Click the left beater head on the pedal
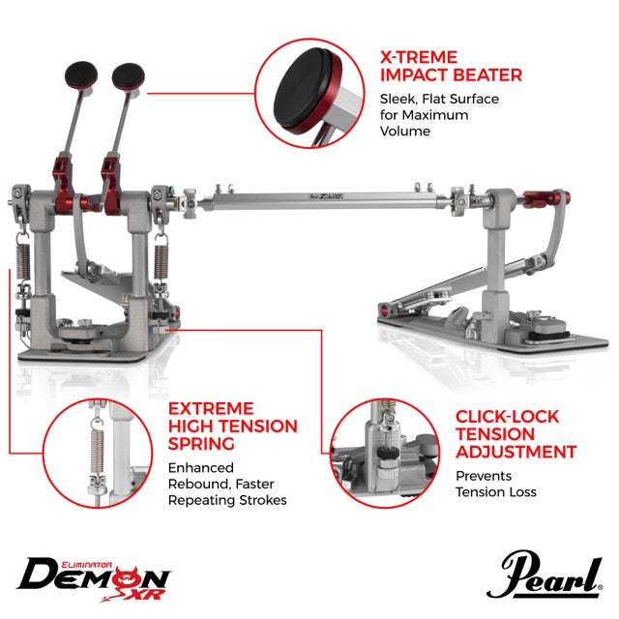tap(81, 74)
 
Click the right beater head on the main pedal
tap(129, 75)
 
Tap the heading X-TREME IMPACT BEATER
tap(451, 66)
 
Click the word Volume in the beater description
tap(405, 132)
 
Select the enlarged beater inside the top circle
tap(311, 92)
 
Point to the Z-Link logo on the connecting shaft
tap(326, 195)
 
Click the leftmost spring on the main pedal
tap(23, 260)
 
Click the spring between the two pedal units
tap(162, 260)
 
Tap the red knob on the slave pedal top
tap(545, 197)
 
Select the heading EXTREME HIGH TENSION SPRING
tap(233, 426)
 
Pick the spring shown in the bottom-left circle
tap(96, 449)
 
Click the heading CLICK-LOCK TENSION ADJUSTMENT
tap(516, 434)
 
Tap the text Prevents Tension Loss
tap(496, 484)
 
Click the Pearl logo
tap(545, 575)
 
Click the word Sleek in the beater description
tap(398, 99)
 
